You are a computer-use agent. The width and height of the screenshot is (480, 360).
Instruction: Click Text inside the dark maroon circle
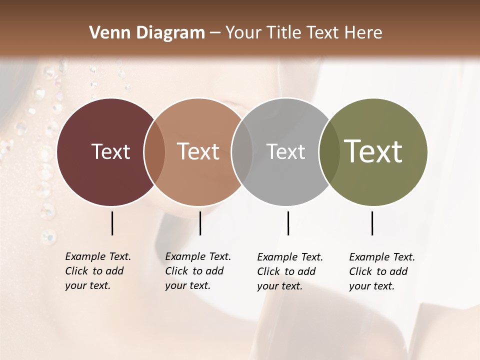point(110,151)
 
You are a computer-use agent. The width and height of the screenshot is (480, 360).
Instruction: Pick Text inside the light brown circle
point(198,151)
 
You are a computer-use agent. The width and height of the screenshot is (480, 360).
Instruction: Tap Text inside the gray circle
point(285,151)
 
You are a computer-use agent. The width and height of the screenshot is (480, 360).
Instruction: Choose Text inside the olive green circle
point(373,151)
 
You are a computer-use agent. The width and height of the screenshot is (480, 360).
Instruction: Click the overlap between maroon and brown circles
point(154,152)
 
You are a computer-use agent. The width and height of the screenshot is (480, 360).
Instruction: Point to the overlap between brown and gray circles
point(242,152)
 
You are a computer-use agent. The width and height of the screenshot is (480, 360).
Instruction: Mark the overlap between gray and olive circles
point(328,152)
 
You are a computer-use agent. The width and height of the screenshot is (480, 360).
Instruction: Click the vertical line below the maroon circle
point(112,223)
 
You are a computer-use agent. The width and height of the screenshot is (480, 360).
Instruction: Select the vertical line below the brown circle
point(200,223)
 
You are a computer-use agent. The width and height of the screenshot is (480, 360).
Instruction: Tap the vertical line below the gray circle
point(288,223)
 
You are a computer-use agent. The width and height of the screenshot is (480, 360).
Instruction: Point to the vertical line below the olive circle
point(372,223)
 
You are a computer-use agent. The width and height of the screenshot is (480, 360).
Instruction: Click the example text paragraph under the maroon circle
point(98,271)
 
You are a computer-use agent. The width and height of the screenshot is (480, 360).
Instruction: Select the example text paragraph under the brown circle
point(198,271)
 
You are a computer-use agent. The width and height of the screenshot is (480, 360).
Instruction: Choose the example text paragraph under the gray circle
point(290,271)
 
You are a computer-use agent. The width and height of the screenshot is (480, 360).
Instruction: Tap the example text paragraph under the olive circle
point(382,271)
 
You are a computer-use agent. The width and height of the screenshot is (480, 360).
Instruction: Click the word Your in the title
point(243,33)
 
